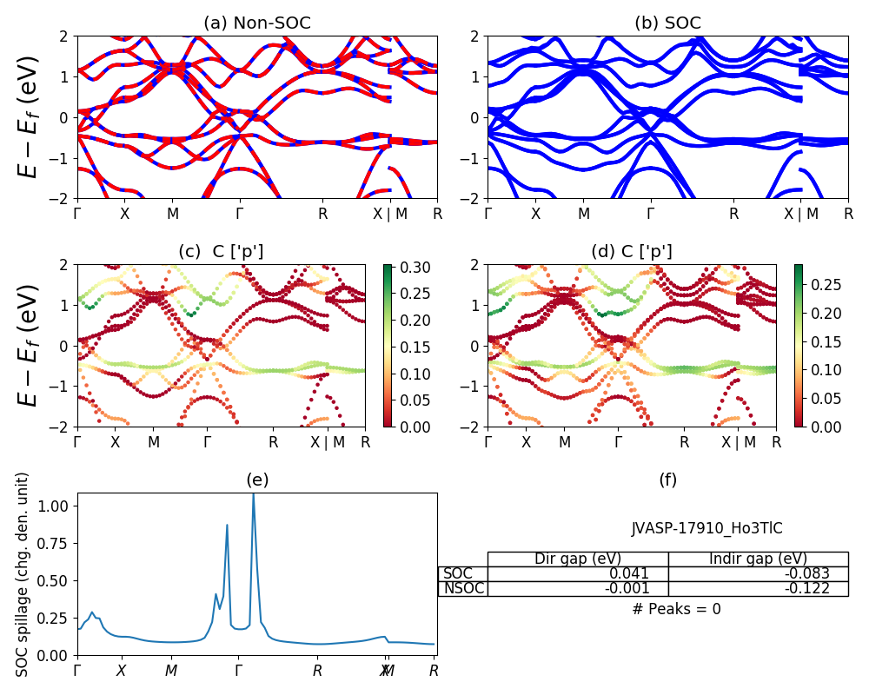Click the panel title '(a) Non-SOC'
pyautogui.click(x=256, y=23)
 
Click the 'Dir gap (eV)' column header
pyautogui.click(x=577, y=559)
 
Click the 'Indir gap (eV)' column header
pyautogui.click(x=758, y=559)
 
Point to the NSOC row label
pyautogui.click(x=463, y=588)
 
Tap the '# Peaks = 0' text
pyautogui.click(x=676, y=609)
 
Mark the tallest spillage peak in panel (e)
pyautogui.click(x=253, y=494)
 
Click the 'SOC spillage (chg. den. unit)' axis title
pyautogui.click(x=23, y=573)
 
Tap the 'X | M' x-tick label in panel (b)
pyautogui.click(x=802, y=213)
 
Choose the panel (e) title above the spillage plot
pyautogui.click(x=256, y=480)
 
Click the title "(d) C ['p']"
pyautogui.click(x=631, y=252)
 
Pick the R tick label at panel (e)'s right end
pyautogui.click(x=434, y=671)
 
